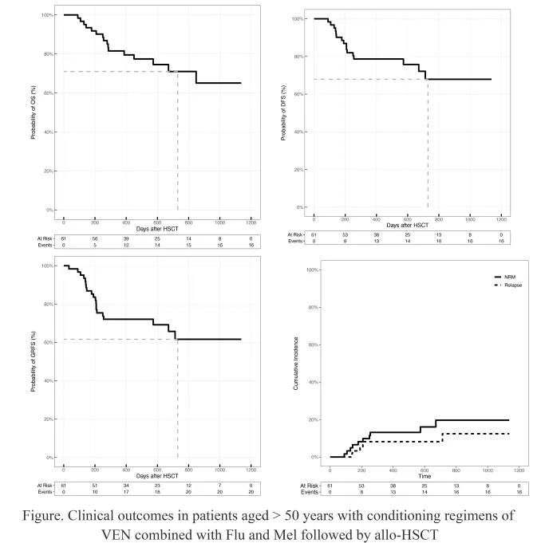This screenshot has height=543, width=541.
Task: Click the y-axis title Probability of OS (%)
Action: (x=34, y=112)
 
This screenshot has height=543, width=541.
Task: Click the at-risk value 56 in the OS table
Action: (x=95, y=238)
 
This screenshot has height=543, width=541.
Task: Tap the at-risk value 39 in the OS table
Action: (x=126, y=238)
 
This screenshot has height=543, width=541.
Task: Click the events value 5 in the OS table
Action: (x=95, y=246)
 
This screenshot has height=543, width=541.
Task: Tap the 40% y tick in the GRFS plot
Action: (x=47, y=381)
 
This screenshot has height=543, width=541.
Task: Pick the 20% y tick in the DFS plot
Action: (x=299, y=169)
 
